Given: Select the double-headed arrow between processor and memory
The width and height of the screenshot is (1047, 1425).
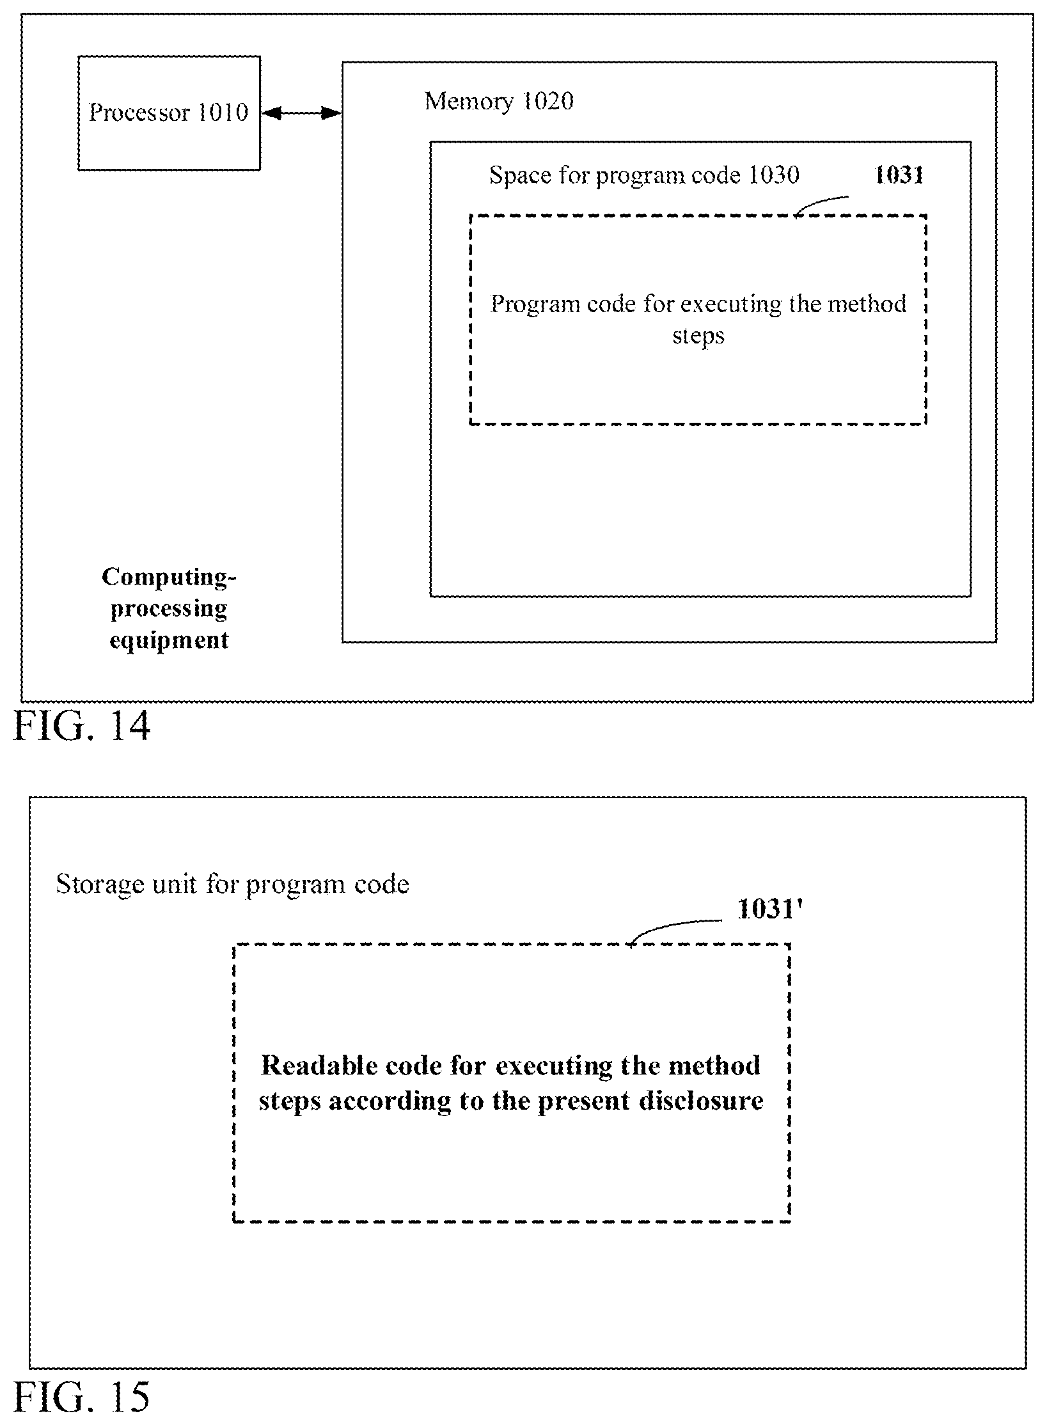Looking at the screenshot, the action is pyautogui.click(x=301, y=114).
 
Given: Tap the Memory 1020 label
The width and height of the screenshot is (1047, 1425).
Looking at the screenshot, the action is pyautogui.click(x=499, y=100).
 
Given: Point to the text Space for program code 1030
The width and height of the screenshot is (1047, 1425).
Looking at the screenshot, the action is pyautogui.click(x=644, y=175).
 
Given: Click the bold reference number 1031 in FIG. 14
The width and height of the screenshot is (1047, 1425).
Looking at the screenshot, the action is pyautogui.click(x=899, y=175).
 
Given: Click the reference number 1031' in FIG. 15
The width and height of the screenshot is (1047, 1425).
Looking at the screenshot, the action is pyautogui.click(x=769, y=909).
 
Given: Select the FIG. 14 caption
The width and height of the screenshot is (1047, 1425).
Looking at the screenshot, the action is pyautogui.click(x=83, y=726).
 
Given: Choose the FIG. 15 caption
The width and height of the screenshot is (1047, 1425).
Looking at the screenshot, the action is pyautogui.click(x=83, y=1396).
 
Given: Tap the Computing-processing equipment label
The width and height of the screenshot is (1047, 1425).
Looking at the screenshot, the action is pyautogui.click(x=169, y=609).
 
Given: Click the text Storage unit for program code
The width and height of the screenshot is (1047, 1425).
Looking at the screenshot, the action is pyautogui.click(x=232, y=884).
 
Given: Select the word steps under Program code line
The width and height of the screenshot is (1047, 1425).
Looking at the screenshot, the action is pyautogui.click(x=698, y=336).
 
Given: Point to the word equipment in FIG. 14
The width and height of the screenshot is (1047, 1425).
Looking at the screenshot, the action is pyautogui.click(x=169, y=640).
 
